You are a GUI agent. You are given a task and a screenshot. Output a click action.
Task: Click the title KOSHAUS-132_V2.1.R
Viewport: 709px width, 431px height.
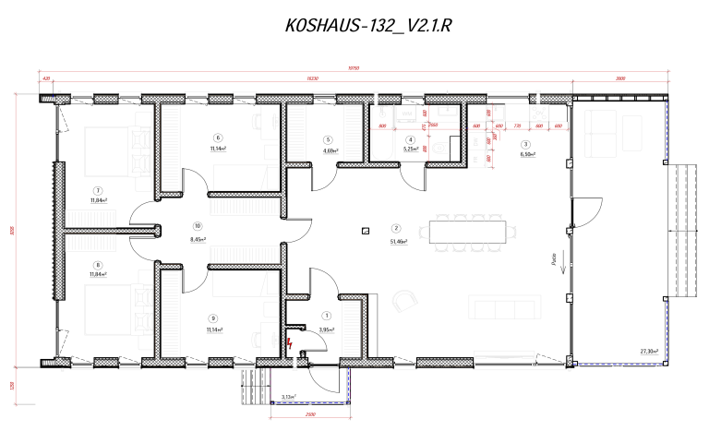click(368, 27)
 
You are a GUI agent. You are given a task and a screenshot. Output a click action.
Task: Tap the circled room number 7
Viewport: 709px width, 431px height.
click(95, 190)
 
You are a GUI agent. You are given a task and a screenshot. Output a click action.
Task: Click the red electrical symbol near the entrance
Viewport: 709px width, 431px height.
click(291, 343)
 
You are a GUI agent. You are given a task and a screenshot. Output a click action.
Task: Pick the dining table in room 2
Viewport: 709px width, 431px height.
click(467, 231)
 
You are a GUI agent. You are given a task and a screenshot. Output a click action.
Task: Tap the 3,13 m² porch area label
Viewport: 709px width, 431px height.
click(289, 398)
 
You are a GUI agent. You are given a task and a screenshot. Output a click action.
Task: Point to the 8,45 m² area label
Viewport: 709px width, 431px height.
click(197, 239)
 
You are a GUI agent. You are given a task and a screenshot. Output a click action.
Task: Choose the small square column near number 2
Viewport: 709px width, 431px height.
click(366, 231)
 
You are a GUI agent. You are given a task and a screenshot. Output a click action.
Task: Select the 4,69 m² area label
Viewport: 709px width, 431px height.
click(330, 150)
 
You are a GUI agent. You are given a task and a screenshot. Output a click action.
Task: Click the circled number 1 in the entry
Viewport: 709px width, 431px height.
click(325, 317)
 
